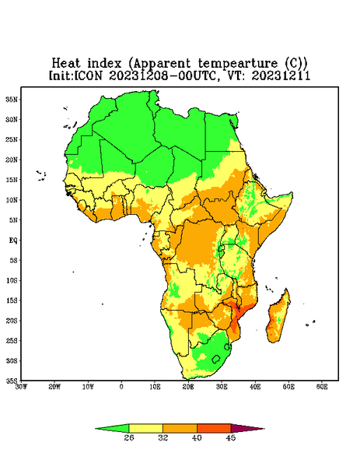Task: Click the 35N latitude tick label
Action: point(12,100)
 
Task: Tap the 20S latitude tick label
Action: point(12,321)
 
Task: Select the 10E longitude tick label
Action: point(155,387)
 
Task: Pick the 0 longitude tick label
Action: point(121,387)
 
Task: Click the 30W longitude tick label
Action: point(21,387)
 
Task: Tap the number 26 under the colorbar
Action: point(129,437)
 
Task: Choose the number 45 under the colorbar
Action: point(231,437)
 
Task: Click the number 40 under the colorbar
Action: point(197,437)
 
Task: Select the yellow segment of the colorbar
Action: point(145,428)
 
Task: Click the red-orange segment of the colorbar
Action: point(214,428)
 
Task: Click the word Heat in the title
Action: point(66,64)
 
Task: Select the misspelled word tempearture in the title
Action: point(238,64)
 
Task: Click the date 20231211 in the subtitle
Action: point(281,75)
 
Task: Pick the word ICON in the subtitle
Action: point(89,75)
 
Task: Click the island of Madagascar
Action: point(278,318)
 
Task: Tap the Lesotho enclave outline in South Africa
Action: point(216,359)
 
